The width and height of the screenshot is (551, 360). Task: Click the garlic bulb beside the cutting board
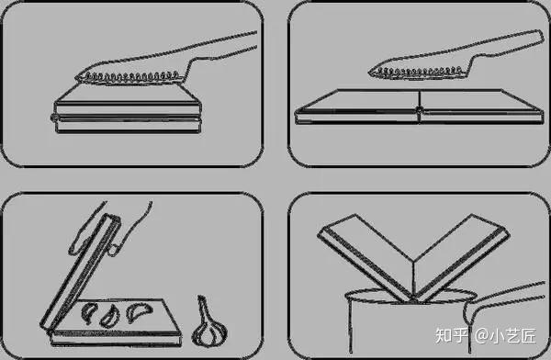[209, 327]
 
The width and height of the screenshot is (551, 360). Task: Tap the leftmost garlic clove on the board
[88, 312]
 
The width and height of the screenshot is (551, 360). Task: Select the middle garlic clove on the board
[109, 316]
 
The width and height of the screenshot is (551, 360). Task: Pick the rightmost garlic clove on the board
[139, 311]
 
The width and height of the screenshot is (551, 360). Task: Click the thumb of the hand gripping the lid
[114, 248]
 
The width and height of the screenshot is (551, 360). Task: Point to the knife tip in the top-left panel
[76, 79]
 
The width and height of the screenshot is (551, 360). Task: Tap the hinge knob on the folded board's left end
[54, 118]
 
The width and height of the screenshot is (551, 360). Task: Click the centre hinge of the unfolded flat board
[419, 109]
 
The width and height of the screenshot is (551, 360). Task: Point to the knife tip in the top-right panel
[369, 73]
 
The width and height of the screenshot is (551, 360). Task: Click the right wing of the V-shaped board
[460, 256]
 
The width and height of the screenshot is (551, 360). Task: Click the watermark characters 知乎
[452, 335]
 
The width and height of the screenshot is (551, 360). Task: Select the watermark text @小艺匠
[505, 335]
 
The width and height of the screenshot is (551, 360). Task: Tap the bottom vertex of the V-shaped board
[413, 301]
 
